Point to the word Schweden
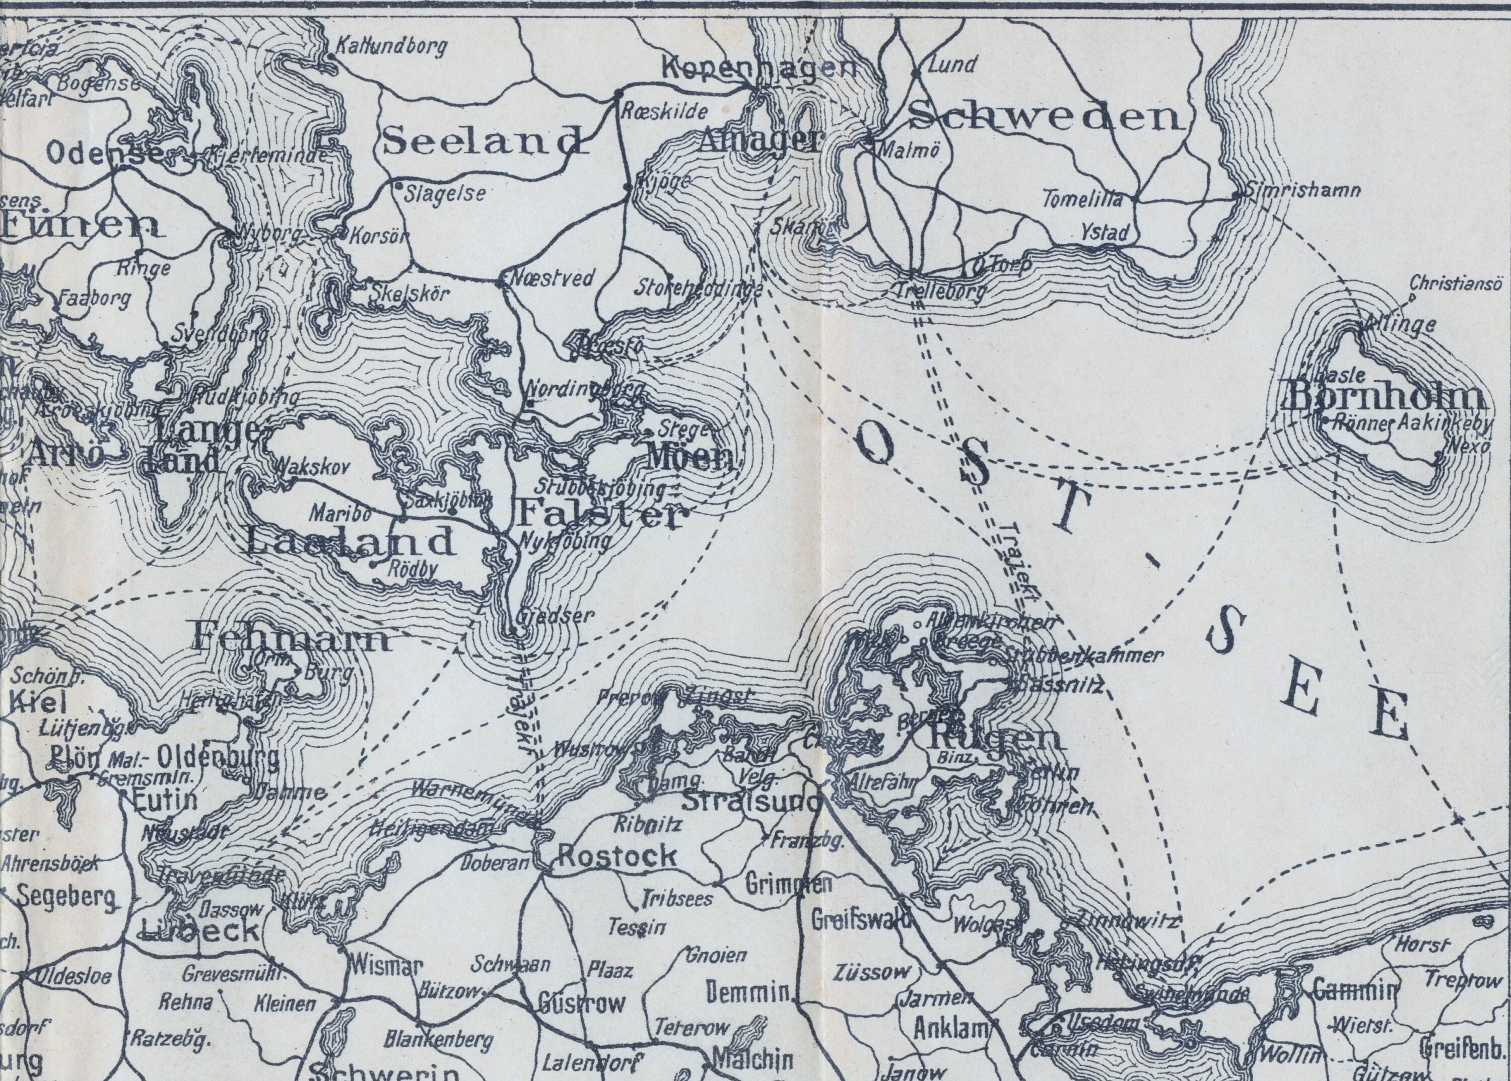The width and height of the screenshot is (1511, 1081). (x=1046, y=118)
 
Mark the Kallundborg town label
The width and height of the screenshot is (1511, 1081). (x=389, y=47)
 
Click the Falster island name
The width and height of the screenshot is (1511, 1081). (x=599, y=515)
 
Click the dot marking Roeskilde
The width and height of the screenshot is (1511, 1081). (x=618, y=91)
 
